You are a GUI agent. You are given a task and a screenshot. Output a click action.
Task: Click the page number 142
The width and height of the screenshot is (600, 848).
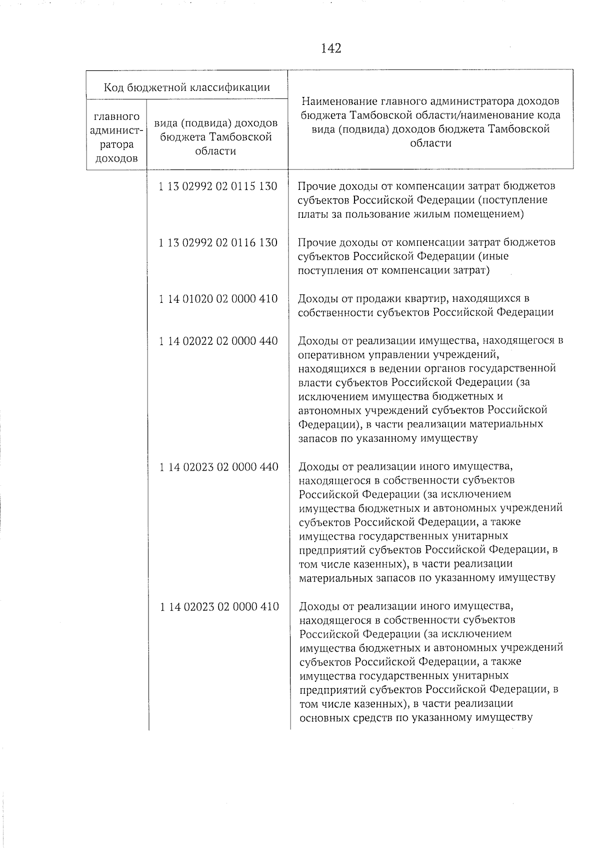pos(331,48)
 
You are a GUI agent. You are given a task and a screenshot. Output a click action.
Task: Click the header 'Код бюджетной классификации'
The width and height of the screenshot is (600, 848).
pos(186,88)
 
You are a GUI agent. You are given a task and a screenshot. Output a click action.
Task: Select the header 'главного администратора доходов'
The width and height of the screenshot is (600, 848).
pos(116,138)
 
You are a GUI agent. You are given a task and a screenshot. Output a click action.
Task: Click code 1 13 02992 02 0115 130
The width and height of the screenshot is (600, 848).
pos(217,186)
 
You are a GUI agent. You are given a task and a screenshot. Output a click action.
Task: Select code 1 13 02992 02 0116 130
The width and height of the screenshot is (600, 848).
pos(217,243)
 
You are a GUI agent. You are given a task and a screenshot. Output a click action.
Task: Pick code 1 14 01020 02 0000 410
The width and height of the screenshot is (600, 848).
pos(217,299)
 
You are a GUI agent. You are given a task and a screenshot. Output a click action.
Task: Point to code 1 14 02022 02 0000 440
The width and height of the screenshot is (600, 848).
pos(217,341)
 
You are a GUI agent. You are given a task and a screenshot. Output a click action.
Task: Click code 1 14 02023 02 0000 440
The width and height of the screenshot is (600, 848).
pos(218,467)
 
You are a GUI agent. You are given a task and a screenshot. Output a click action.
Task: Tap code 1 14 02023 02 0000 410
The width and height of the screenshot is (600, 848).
pos(219,607)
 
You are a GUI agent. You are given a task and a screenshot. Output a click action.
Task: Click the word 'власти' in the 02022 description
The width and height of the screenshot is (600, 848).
pos(314,383)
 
